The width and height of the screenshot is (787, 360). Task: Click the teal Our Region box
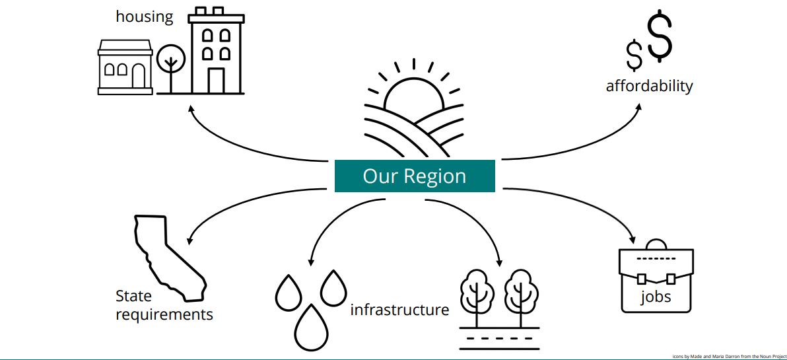[x=415, y=176]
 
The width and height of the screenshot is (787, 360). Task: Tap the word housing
[x=145, y=17]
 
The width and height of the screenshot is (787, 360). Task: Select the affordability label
[x=649, y=86]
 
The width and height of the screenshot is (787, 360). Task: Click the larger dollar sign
[x=659, y=37]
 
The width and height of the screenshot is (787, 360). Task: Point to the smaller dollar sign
[x=634, y=55]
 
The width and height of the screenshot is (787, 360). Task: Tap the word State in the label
[x=133, y=296]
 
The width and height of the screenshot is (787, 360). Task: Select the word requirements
[x=164, y=314]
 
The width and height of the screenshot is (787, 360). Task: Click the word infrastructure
[x=399, y=310]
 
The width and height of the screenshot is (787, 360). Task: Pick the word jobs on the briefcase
[x=656, y=297]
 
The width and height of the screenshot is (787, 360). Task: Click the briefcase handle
[x=656, y=243]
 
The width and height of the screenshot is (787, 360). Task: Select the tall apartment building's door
[x=216, y=80]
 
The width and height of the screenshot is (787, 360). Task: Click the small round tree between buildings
[x=172, y=59]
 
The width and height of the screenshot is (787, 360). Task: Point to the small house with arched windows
[x=125, y=67]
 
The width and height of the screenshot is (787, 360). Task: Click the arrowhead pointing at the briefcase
[x=633, y=239]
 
